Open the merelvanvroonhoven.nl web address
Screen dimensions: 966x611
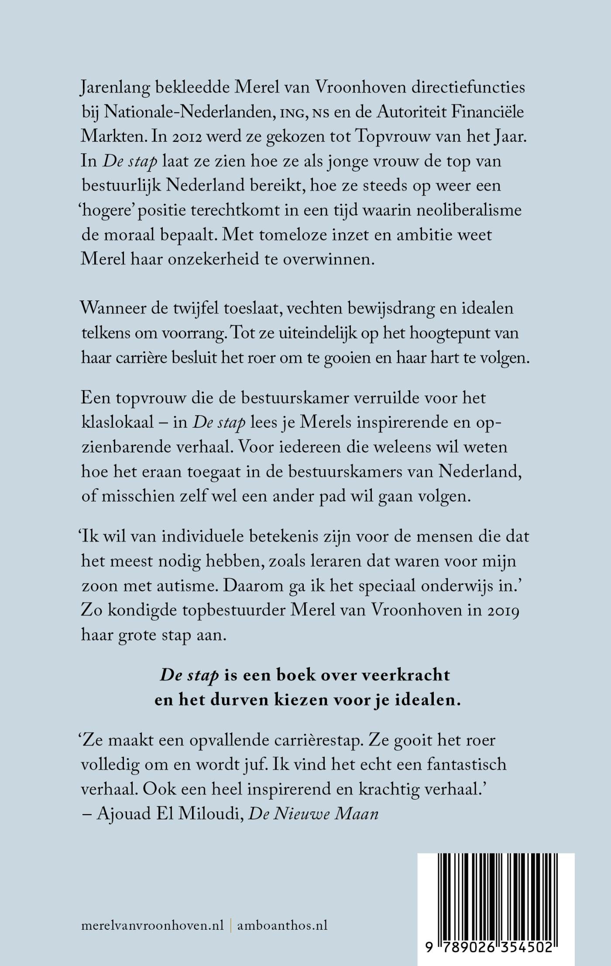[152, 913]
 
